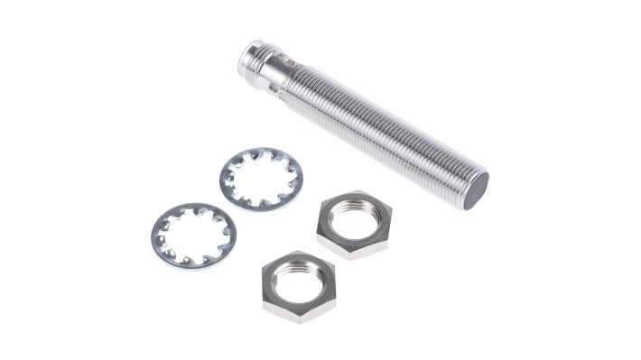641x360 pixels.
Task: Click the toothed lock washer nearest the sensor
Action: coord(261,180)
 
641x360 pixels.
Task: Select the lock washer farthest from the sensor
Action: coord(193,235)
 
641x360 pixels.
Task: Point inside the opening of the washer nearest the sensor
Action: coord(261,178)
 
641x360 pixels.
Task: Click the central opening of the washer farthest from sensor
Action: coord(193,235)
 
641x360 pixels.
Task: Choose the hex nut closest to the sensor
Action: coord(354,224)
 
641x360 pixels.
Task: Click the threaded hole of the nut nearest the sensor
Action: coord(355,217)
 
